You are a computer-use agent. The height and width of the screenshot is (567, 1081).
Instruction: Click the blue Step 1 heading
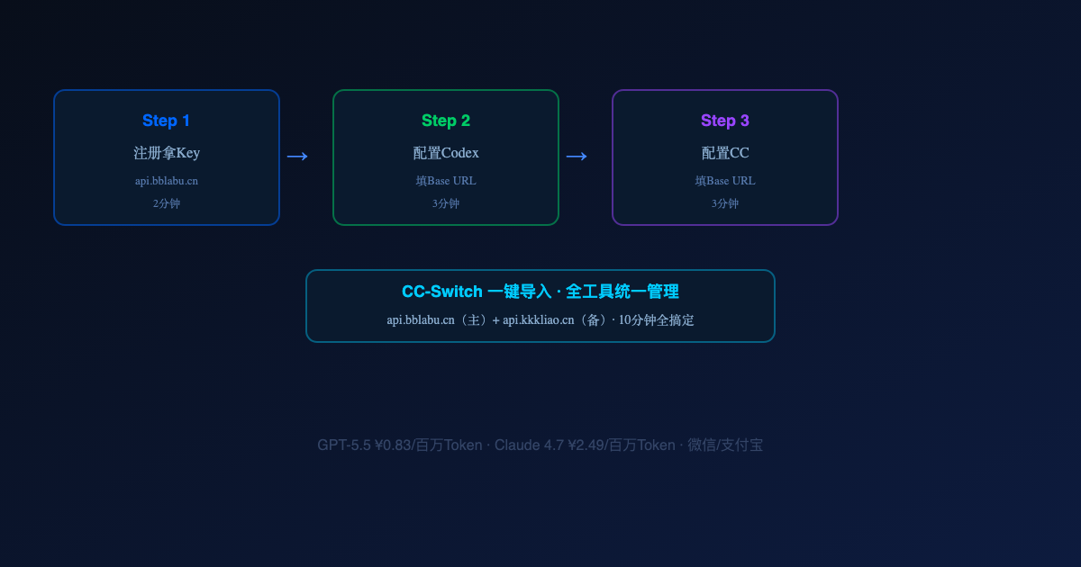click(166, 121)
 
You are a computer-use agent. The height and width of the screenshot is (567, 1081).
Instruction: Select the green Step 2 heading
click(445, 121)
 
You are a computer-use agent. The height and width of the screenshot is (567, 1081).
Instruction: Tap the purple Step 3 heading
click(725, 121)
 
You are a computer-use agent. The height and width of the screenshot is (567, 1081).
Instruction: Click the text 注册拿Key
click(167, 153)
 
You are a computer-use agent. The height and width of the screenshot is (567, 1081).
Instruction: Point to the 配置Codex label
click(445, 153)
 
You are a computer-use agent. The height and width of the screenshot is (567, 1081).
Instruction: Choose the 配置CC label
click(725, 153)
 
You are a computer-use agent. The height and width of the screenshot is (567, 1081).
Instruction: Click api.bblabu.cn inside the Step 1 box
click(167, 181)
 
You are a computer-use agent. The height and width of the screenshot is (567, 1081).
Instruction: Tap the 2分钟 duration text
click(167, 203)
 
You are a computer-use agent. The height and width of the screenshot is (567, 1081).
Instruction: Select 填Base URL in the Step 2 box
click(445, 181)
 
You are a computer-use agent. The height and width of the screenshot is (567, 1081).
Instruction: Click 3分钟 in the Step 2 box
click(445, 203)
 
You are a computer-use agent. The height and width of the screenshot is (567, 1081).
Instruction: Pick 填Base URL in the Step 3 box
click(725, 181)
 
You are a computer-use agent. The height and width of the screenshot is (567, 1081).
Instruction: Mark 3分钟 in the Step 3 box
click(725, 203)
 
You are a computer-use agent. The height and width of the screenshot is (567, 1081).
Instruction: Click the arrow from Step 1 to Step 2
click(297, 157)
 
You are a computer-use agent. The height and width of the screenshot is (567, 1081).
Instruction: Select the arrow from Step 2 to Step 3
click(577, 157)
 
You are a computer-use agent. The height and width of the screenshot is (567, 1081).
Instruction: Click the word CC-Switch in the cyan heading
click(442, 292)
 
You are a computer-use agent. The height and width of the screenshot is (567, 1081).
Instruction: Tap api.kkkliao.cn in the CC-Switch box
click(538, 320)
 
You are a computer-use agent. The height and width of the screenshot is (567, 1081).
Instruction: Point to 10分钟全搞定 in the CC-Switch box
click(657, 320)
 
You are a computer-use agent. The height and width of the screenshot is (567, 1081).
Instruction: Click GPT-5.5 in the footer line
click(344, 445)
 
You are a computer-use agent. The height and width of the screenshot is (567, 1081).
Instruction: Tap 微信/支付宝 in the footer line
click(725, 445)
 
